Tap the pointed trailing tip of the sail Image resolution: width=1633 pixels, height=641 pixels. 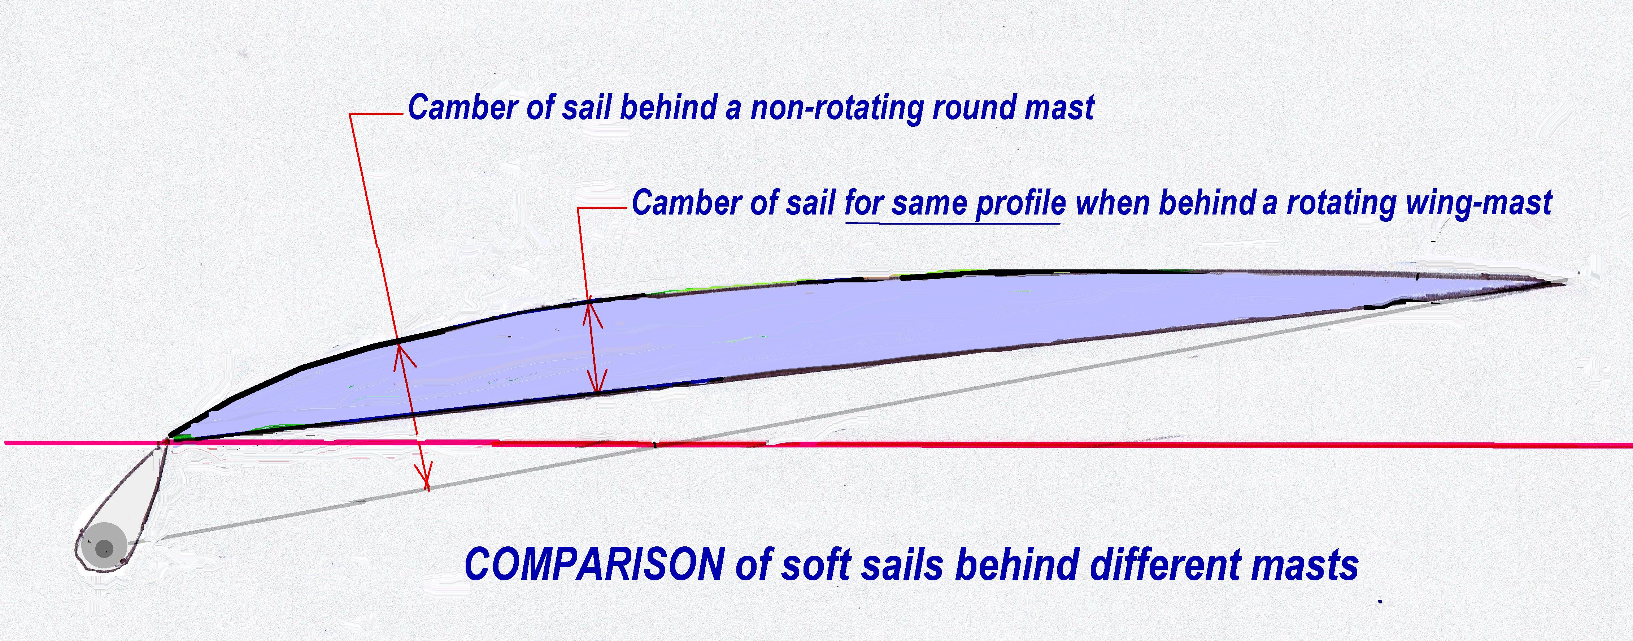tap(1564, 282)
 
